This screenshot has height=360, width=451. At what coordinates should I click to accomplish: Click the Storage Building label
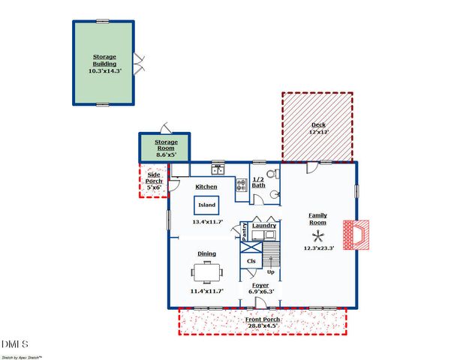click(104, 60)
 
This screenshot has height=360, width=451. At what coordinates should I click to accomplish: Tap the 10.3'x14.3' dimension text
click(104, 70)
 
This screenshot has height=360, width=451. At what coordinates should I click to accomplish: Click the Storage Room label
click(166, 142)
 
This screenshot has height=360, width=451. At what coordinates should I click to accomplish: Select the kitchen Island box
click(206, 205)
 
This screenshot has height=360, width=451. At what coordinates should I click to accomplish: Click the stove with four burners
click(242, 184)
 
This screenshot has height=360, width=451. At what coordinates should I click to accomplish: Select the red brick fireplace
click(356, 234)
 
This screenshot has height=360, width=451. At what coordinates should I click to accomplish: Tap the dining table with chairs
click(206, 271)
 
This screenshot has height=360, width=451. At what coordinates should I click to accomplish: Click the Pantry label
click(245, 231)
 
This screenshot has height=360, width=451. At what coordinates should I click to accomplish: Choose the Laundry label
click(263, 225)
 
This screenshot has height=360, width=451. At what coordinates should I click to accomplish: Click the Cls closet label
click(251, 261)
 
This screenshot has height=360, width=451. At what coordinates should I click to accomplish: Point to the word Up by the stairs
click(270, 271)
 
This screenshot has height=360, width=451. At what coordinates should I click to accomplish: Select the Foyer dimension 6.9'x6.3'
click(262, 291)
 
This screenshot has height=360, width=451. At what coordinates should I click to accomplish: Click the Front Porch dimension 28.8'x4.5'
click(262, 325)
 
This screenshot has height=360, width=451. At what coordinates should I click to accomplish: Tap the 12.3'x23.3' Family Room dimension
click(317, 248)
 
